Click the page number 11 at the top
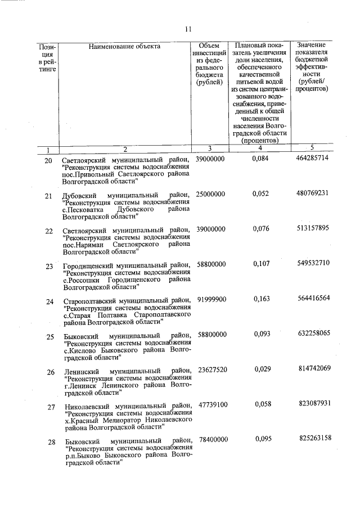pyautogui.click(x=188, y=29)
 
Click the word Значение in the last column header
pyautogui.click(x=315, y=44)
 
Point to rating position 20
pyautogui.click(x=48, y=161)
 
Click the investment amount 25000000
pyautogui.click(x=210, y=194)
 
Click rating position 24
pyautogui.click(x=49, y=302)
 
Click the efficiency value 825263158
pyautogui.click(x=314, y=439)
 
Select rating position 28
pyautogui.click(x=51, y=442)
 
